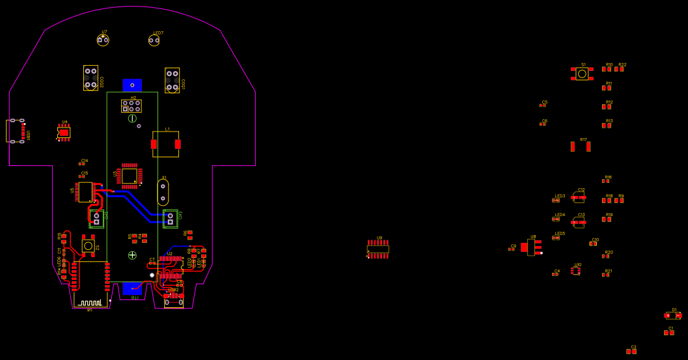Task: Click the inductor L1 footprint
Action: point(165,144)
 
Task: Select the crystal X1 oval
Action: point(163,192)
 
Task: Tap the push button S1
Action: point(582,74)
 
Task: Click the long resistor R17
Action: point(581,146)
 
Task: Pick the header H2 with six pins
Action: point(131,105)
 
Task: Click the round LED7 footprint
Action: point(154,40)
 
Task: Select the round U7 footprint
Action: point(103,40)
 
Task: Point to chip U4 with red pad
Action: point(64,132)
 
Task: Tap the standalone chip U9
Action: point(378,249)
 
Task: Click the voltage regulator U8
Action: point(532,247)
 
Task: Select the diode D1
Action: point(673,316)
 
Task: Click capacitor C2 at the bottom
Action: point(631,352)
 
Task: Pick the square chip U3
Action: point(129,176)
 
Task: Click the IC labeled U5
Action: point(85,192)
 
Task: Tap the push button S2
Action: point(88,245)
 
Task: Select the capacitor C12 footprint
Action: point(579,197)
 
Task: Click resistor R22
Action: point(619,68)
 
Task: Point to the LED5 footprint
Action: point(556,238)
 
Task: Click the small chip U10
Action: point(576,270)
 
